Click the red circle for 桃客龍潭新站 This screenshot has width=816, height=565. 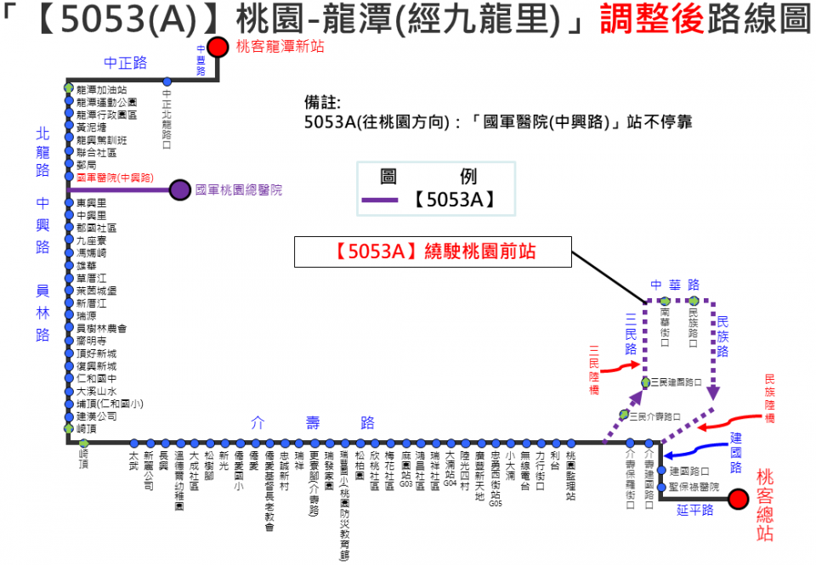218,47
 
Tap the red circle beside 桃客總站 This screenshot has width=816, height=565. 738,499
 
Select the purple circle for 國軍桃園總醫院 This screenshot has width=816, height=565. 180,190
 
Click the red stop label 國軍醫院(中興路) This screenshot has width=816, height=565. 115,178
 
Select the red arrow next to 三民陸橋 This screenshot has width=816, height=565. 625,365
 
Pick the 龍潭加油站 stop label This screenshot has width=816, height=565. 101,89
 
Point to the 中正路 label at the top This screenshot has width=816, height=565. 126,62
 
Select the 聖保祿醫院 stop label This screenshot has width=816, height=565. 694,487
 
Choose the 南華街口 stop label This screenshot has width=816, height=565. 666,324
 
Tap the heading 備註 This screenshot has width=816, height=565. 321,102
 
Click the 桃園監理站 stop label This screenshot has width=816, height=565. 571,475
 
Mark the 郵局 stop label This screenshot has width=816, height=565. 87,165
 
